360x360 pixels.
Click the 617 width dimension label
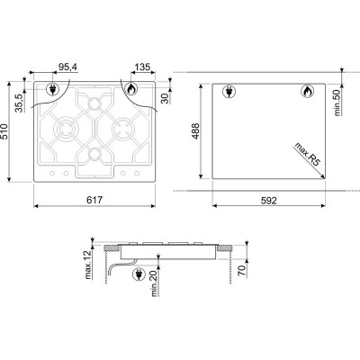click(94, 200)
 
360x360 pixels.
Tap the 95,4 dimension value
click(67, 67)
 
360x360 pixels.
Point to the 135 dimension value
click(142, 67)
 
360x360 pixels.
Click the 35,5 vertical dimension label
click(19, 103)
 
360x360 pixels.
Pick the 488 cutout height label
click(195, 131)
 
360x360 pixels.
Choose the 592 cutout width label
click(268, 201)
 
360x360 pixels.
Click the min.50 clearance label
click(337, 103)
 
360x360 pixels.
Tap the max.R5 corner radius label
click(307, 155)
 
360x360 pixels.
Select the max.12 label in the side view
click(88, 265)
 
